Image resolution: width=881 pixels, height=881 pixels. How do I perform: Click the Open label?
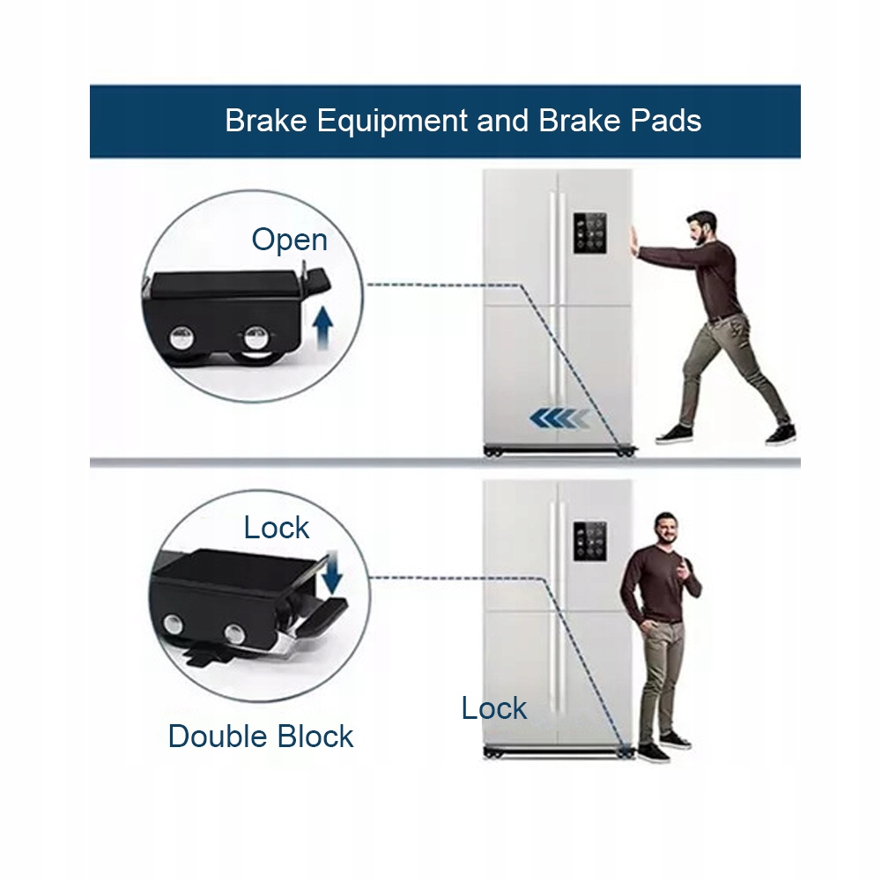click(x=289, y=240)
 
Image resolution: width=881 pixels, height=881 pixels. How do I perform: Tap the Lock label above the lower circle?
click(x=277, y=528)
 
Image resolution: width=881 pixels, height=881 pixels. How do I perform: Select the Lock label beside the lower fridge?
click(x=493, y=708)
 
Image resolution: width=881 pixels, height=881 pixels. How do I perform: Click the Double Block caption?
click(x=261, y=736)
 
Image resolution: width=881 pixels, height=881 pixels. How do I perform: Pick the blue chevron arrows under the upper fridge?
click(x=559, y=418)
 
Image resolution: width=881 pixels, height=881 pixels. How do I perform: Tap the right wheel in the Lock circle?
click(x=235, y=632)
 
